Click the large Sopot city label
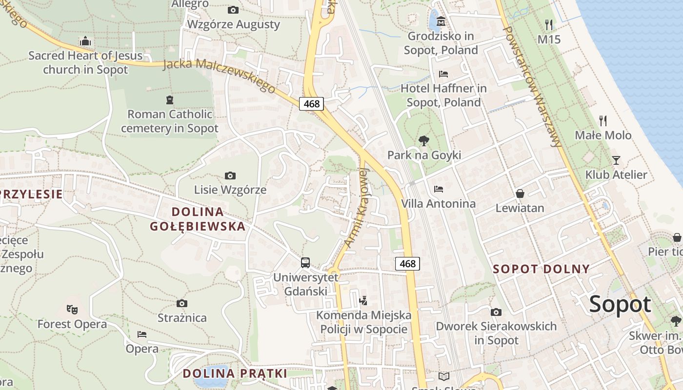tap(620, 305)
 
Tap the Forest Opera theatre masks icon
tap(72, 309)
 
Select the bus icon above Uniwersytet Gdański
tap(305, 263)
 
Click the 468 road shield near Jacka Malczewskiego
tap(311, 103)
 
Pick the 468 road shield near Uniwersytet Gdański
tap(407, 264)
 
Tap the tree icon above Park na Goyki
tap(424, 141)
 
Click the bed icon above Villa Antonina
tap(438, 189)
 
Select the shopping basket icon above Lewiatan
tap(520, 194)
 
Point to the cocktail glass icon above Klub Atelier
tap(616, 160)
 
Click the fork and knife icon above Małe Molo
tap(603, 120)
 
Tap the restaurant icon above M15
tap(549, 24)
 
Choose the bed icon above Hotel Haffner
tap(443, 74)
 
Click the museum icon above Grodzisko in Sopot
tap(442, 21)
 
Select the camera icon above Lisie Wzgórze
tap(230, 175)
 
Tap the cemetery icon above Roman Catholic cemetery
tap(169, 100)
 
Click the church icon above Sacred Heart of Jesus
tap(85, 41)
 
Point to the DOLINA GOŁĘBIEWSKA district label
tap(198, 219)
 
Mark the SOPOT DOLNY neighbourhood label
tap(541, 269)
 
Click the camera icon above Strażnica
tap(182, 304)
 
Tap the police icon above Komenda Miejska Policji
tap(363, 301)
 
